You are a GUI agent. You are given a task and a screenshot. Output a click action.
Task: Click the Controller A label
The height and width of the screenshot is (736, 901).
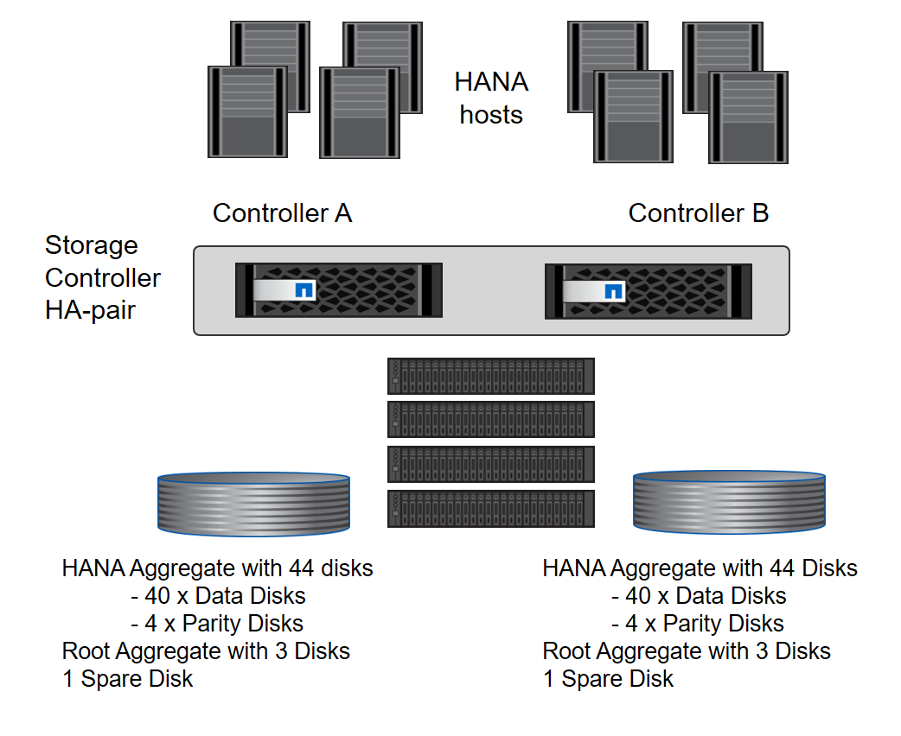(x=282, y=213)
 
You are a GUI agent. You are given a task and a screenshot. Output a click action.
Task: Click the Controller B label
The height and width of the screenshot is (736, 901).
(x=698, y=213)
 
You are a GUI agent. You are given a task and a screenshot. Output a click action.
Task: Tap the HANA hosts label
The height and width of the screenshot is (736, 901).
(x=491, y=98)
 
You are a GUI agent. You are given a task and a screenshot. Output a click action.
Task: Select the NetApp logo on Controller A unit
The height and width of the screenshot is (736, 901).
(x=304, y=290)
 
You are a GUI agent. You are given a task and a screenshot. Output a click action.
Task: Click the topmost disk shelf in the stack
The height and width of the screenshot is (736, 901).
(x=491, y=376)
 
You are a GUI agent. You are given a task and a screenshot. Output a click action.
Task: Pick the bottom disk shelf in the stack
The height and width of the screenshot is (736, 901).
(x=491, y=508)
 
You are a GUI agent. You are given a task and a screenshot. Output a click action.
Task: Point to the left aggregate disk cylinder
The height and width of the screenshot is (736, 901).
(x=253, y=500)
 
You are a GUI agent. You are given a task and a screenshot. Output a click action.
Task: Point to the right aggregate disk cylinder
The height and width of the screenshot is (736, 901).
(x=729, y=500)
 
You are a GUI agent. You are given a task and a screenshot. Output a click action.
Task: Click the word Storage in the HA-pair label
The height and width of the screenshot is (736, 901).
(x=92, y=245)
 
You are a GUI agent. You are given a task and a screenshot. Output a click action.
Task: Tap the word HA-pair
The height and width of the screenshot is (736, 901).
(x=90, y=309)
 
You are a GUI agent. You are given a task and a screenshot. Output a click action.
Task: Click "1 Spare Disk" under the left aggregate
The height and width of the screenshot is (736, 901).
(x=128, y=679)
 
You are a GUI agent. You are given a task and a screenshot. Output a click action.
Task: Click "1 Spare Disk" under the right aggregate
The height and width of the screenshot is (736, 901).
(x=608, y=679)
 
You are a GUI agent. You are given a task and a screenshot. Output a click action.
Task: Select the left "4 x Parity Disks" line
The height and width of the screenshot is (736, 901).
(x=217, y=624)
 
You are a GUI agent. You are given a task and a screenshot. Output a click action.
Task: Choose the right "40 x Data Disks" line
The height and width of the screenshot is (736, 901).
(x=699, y=596)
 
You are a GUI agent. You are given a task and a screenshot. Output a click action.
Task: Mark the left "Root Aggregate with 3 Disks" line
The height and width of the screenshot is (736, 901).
(x=206, y=651)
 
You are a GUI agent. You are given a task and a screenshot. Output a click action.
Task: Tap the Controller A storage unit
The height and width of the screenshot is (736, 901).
(x=338, y=290)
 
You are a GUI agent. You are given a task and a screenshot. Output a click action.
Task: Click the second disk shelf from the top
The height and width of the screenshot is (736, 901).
(x=491, y=419)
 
